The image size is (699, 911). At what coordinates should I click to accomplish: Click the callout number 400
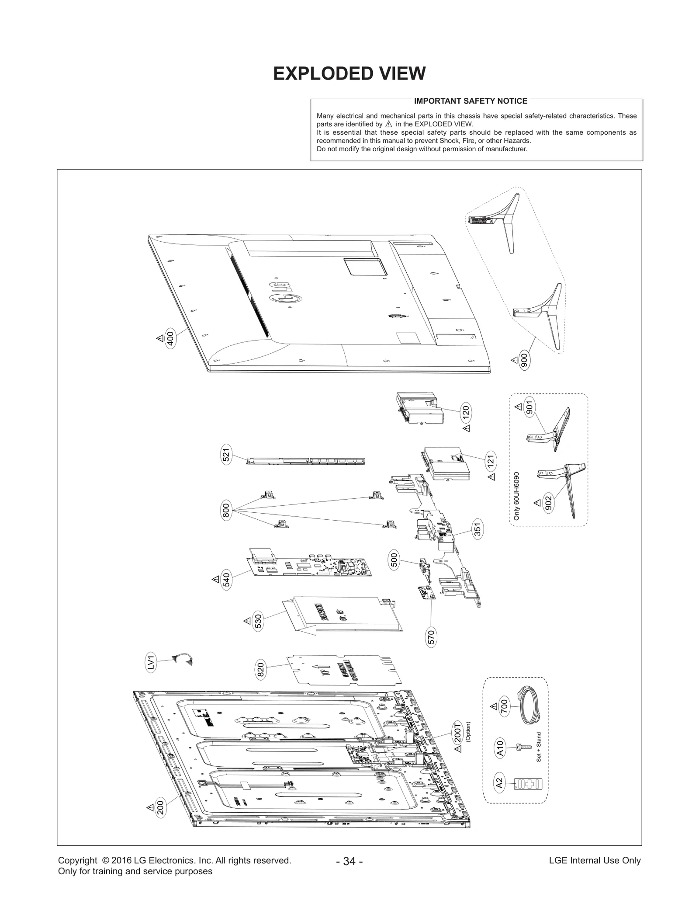point(170,339)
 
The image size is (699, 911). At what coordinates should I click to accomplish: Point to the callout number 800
point(226,511)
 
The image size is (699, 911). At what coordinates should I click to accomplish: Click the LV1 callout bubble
point(150,663)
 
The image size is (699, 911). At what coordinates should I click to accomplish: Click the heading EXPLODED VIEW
point(349,73)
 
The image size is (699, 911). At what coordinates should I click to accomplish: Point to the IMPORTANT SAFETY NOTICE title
point(471,101)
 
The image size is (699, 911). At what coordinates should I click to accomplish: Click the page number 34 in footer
point(349,861)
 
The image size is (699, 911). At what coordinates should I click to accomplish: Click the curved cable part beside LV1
point(182,659)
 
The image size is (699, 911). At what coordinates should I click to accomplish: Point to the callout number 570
point(431,638)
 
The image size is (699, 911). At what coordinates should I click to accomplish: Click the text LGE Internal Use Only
point(595,860)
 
